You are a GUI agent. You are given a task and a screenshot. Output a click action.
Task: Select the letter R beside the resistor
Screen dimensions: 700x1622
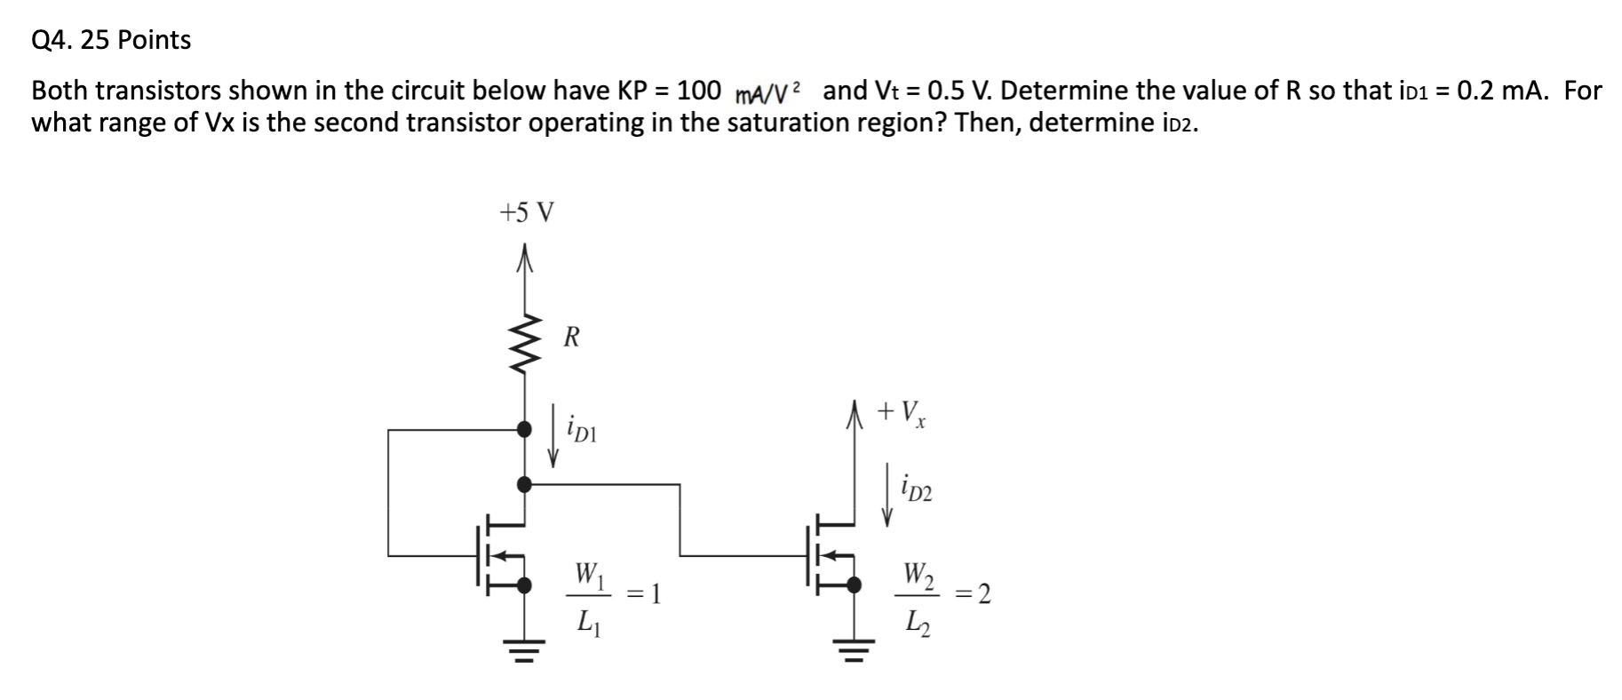(x=572, y=338)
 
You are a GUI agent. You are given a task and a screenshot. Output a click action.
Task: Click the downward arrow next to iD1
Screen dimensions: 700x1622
(x=554, y=435)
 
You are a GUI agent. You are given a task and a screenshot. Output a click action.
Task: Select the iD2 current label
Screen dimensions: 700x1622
(x=916, y=488)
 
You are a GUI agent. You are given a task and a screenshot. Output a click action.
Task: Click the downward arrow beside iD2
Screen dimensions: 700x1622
(x=887, y=494)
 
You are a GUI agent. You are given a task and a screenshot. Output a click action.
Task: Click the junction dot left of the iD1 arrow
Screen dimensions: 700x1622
(x=525, y=430)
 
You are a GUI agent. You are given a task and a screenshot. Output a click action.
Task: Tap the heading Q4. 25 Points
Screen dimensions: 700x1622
(x=111, y=40)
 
